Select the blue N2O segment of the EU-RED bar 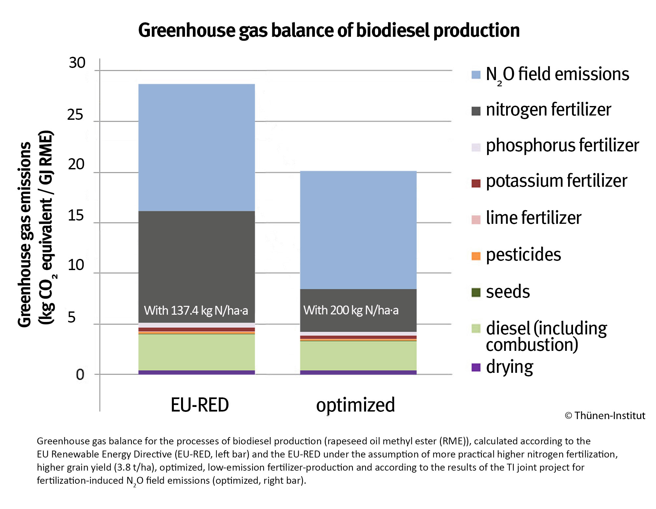(x=196, y=148)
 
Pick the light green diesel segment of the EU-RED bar (x=196, y=352)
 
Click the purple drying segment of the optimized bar (x=358, y=372)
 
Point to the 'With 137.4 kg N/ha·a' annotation (x=196, y=310)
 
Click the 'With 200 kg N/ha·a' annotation (x=351, y=310)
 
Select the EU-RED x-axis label (x=199, y=405)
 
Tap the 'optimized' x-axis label (x=355, y=405)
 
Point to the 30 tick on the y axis (x=77, y=63)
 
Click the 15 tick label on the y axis (x=76, y=216)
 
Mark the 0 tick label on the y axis (x=80, y=374)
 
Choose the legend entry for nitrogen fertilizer (x=548, y=110)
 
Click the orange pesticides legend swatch (x=476, y=256)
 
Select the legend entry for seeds (x=507, y=292)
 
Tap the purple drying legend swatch (x=476, y=367)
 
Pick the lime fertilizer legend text (x=533, y=218)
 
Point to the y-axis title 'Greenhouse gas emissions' (x=25, y=234)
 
